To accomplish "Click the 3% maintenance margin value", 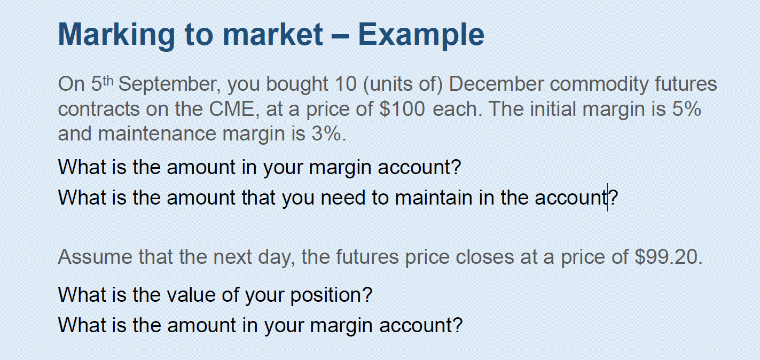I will tap(327, 133).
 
